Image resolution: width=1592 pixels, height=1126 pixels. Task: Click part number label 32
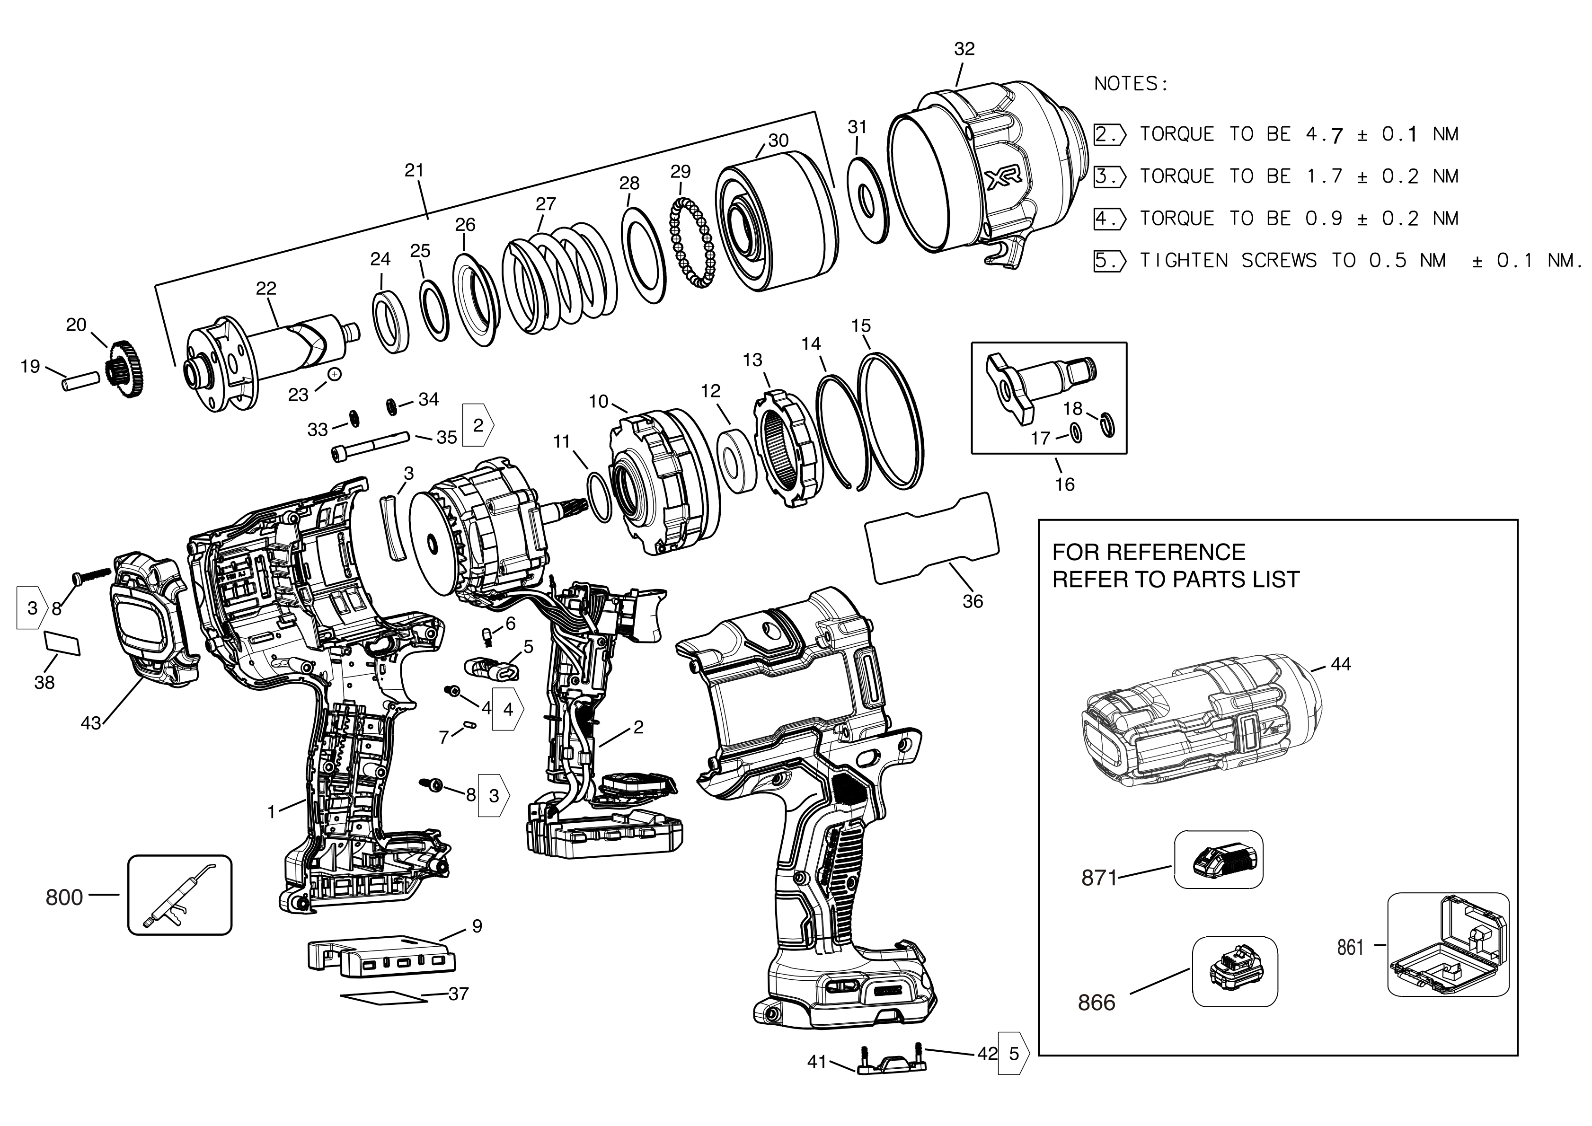[964, 49]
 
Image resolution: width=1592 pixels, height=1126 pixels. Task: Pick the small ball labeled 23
[335, 374]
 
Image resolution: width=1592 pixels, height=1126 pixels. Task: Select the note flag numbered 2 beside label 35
[478, 425]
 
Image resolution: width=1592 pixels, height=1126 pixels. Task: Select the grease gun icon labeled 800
[179, 895]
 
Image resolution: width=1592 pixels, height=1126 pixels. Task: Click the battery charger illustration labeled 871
[1218, 861]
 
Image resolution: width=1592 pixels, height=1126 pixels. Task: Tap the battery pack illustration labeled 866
[1234, 971]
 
